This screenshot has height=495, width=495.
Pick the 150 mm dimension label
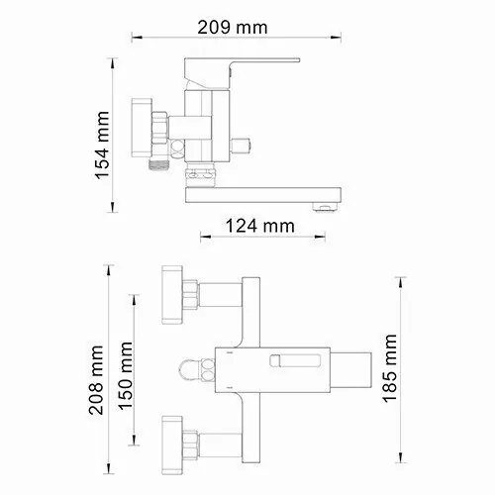127,372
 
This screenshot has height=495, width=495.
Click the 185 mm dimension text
394,367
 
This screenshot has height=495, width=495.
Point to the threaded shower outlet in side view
153,166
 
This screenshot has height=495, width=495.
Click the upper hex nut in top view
194,294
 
